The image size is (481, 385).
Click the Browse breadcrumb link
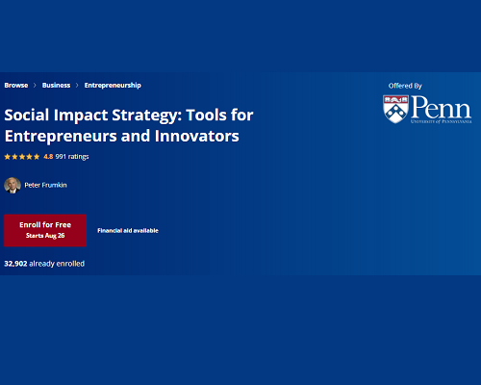click(16, 86)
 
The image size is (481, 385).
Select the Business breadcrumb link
click(56, 86)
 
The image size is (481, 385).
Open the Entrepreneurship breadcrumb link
click(113, 86)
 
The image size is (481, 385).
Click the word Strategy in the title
click(144, 115)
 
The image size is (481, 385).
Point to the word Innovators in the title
click(197, 136)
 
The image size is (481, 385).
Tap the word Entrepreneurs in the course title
click(61, 137)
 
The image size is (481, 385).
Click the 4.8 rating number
click(48, 157)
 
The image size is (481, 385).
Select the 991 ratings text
click(72, 157)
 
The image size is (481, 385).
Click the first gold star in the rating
click(8, 157)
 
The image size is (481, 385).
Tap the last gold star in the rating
click(37, 157)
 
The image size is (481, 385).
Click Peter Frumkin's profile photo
click(13, 185)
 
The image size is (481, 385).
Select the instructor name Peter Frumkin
click(45, 185)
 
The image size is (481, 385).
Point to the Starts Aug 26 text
click(45, 236)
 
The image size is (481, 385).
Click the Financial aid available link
click(128, 231)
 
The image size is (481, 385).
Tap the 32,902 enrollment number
click(15, 264)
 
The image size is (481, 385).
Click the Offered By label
click(405, 86)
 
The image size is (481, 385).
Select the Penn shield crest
click(395, 109)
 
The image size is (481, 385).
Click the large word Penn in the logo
click(442, 107)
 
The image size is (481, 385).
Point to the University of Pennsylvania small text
click(442, 121)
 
